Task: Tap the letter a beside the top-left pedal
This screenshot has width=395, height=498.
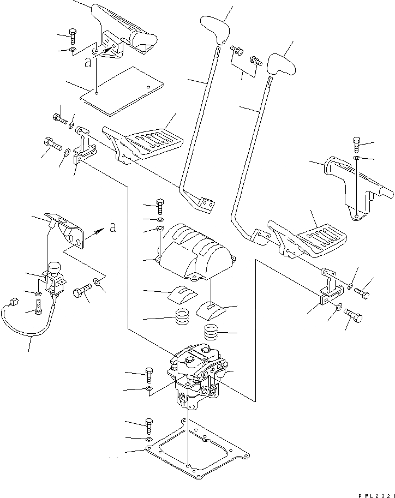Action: click(88, 63)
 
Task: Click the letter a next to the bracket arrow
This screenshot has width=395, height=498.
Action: click(112, 229)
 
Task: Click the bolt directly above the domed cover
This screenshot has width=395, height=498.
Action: click(160, 207)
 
